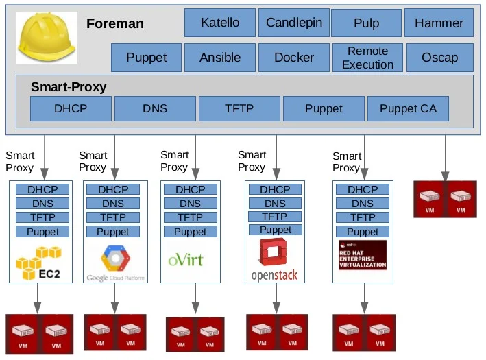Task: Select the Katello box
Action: (x=220, y=23)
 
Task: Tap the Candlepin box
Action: (x=293, y=23)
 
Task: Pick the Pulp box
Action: (x=366, y=23)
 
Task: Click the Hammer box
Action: (x=439, y=23)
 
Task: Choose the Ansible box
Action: (x=220, y=58)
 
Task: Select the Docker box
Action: (x=293, y=58)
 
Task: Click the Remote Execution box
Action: (x=367, y=58)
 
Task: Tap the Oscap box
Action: (x=439, y=58)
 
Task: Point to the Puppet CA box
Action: (x=408, y=108)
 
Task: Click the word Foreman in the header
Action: (x=115, y=24)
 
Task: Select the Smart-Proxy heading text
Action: (x=69, y=88)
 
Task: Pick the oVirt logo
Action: (x=186, y=260)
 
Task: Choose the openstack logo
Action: (x=274, y=261)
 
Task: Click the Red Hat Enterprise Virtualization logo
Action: (x=362, y=255)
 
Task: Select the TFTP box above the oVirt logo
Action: (x=190, y=217)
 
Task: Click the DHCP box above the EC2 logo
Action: (x=43, y=189)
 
